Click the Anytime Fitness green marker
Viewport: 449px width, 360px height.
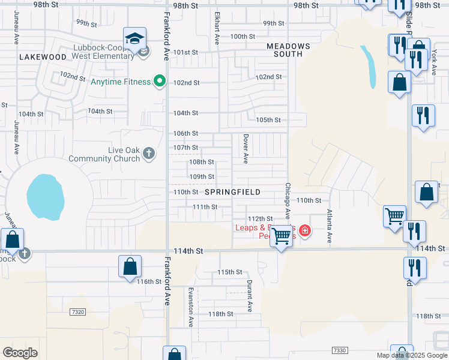tap(159, 80)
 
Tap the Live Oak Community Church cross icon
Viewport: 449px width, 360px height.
tap(149, 155)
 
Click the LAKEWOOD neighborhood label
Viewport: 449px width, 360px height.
tap(42, 57)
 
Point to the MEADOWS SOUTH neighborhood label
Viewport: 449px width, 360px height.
tap(288, 50)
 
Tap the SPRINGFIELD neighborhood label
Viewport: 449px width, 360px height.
tap(232, 192)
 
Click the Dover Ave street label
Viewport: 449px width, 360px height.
tap(246, 148)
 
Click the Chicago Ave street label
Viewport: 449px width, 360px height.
tap(288, 201)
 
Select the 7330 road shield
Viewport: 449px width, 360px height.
tap(339, 350)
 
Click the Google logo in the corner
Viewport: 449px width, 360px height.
tap(20, 352)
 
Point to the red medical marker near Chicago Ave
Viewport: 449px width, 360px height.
tap(305, 230)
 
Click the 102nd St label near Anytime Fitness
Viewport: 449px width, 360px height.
tap(186, 83)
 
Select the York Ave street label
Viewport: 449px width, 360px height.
tap(434, 62)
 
